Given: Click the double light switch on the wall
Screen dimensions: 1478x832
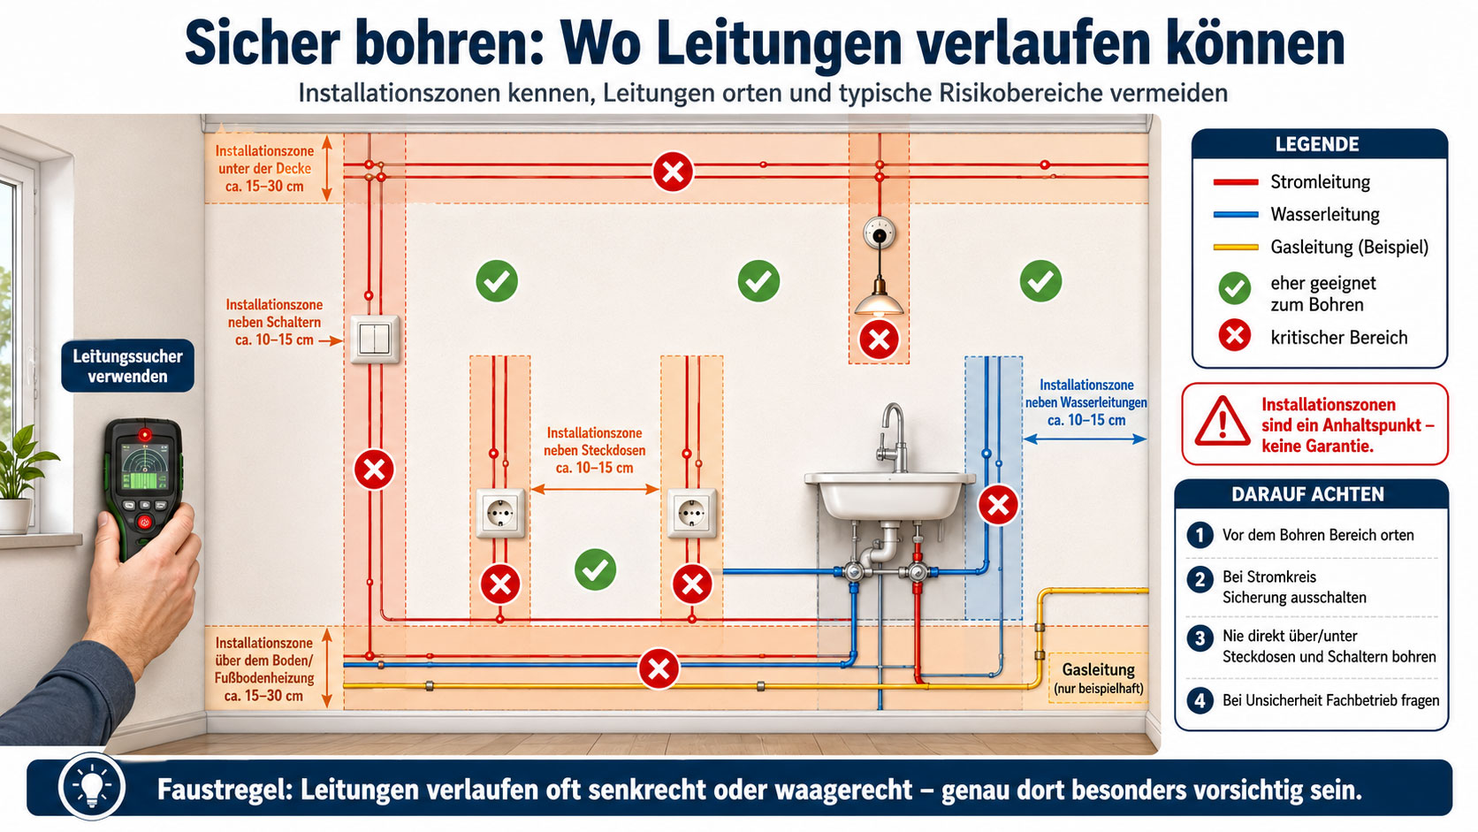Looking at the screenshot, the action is coord(375,340).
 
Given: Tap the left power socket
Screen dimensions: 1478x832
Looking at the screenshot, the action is coord(501,513).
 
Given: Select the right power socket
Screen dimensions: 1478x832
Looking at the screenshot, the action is coord(691,513).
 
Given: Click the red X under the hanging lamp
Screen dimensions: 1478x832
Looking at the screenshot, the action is coord(879,340).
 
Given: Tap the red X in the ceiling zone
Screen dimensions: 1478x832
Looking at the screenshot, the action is coord(673,172).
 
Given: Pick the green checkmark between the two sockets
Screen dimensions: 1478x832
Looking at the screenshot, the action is coord(595,569).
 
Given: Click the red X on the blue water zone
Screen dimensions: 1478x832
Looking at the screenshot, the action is coord(998,506).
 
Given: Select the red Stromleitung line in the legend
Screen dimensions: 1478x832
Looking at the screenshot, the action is coord(1235,182).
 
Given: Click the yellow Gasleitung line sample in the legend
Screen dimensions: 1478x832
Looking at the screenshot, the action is coord(1235,248).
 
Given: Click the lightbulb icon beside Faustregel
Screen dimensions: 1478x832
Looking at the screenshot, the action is coord(92,787).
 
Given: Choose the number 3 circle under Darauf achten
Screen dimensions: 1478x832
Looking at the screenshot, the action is coord(1200,638).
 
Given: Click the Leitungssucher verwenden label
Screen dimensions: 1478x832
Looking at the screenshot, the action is coord(127,366).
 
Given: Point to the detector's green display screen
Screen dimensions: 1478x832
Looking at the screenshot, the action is coord(145,467).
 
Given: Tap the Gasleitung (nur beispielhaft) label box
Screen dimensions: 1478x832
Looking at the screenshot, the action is coord(1099,677).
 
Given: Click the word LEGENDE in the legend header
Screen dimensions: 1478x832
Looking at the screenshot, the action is coord(1317,144).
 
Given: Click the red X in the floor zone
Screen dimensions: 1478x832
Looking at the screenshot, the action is coord(659,669).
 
